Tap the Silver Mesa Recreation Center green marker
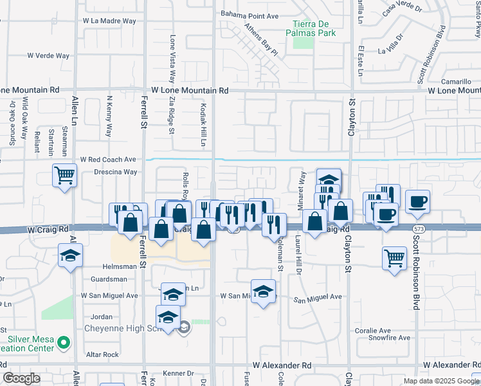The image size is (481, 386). click(x=63, y=344)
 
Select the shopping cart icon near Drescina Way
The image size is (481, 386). click(x=64, y=174)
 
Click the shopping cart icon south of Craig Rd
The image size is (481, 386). click(x=394, y=258)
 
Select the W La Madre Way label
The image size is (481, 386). click(x=109, y=21)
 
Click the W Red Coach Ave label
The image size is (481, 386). click(x=108, y=159)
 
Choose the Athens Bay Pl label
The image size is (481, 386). click(x=260, y=39)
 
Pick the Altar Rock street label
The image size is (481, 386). click(x=103, y=354)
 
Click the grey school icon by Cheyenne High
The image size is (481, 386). click(x=184, y=327)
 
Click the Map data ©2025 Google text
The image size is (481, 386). click(x=436, y=381)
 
